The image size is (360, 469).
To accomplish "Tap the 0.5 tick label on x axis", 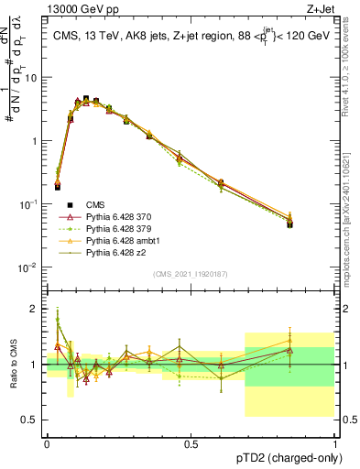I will tap(191, 443).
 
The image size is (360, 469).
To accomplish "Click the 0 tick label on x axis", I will tap(47, 443).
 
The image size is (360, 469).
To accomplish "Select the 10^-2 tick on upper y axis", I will tap(30, 267).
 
